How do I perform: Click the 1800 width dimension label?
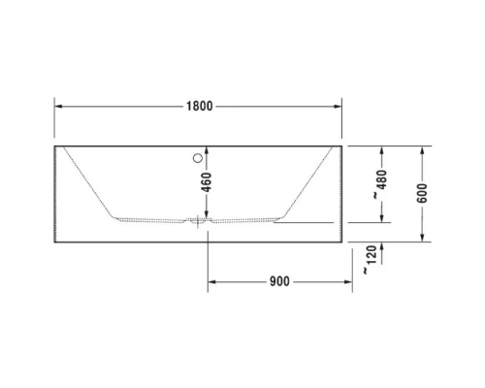198,105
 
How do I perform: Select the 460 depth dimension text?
207,182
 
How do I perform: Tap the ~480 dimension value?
382,183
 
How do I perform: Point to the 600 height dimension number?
423,193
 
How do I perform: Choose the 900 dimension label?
278,282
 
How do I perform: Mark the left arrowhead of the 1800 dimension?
58,105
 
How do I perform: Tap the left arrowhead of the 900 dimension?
213,282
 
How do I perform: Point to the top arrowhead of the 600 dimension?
423,150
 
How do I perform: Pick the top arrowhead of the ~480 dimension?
382,150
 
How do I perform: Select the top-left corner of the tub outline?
54,146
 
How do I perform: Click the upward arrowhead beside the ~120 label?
382,245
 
